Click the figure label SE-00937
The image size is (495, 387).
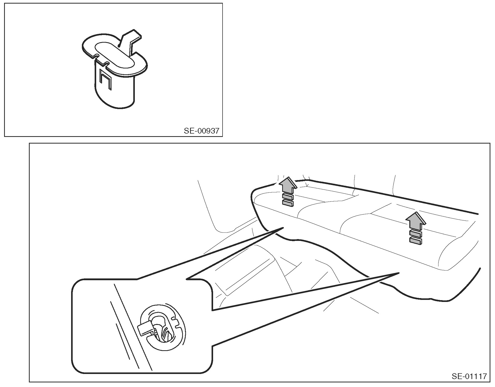click(x=201, y=131)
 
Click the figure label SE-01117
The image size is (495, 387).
click(x=469, y=377)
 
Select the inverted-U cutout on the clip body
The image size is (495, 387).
click(x=105, y=79)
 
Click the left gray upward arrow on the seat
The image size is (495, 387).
click(x=288, y=186)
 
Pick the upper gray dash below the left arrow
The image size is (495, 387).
click(x=288, y=197)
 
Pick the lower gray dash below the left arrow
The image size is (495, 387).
click(x=288, y=203)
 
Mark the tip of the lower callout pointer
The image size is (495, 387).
click(x=399, y=273)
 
